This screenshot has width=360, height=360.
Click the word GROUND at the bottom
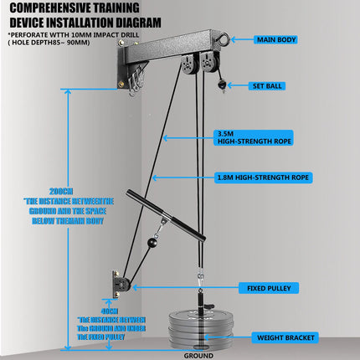click(198, 355)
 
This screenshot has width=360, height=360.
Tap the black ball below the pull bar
click(152, 244)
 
